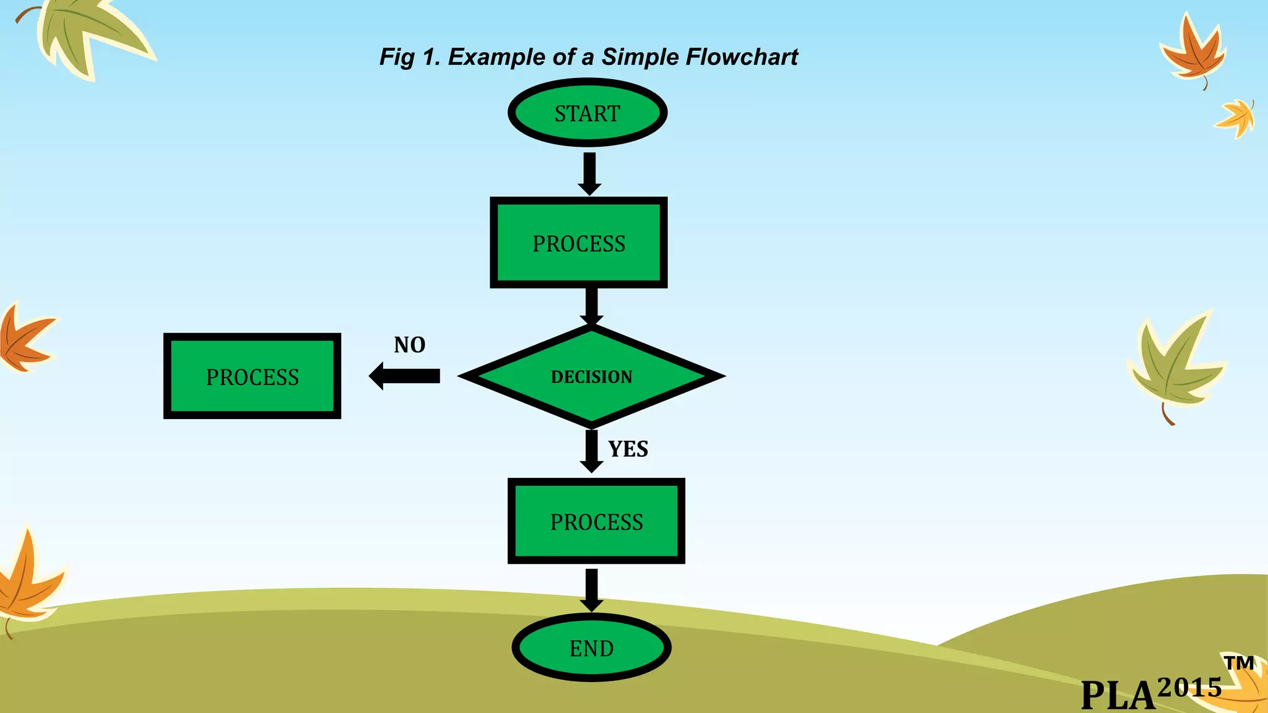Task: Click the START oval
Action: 587,113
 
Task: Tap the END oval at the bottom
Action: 591,648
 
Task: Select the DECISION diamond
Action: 591,376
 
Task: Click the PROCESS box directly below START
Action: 579,243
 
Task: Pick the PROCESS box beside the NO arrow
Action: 252,376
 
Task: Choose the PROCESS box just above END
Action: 596,521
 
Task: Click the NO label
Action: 409,345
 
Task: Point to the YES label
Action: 628,449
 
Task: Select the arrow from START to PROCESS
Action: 589,173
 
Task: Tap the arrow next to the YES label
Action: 591,451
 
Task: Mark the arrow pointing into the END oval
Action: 591,590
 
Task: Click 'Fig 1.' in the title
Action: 409,57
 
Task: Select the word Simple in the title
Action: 640,57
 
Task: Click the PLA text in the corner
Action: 1118,694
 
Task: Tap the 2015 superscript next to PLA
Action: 1189,687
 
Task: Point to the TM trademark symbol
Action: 1239,663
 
